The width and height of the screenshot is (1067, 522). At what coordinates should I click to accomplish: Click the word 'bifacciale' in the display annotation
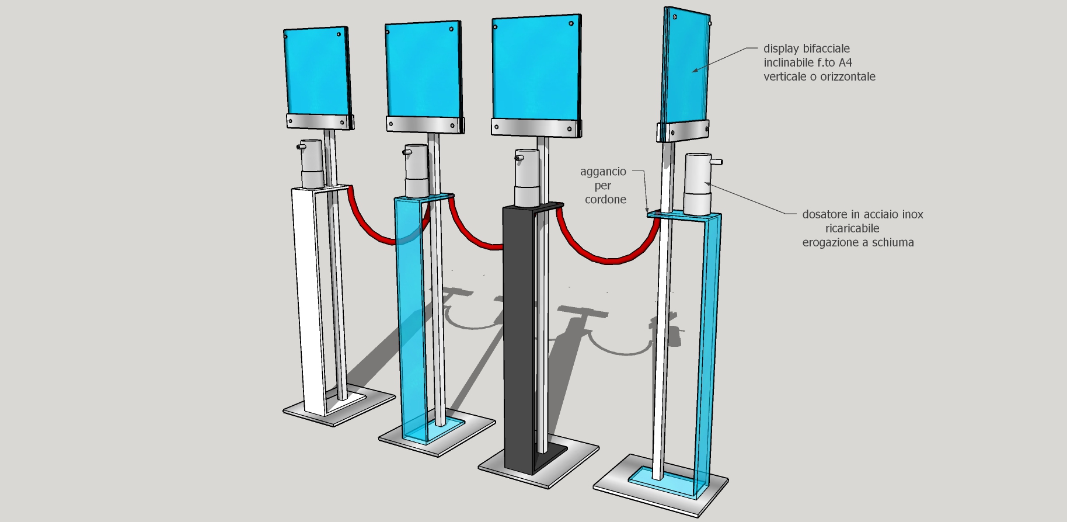click(825, 49)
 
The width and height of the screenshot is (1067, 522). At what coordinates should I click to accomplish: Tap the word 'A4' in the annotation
click(845, 63)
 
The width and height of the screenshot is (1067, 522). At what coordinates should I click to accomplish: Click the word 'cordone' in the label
click(605, 200)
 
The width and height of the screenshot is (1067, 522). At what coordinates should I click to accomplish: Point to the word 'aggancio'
click(603, 172)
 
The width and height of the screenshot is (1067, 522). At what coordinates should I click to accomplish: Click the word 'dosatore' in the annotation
click(824, 215)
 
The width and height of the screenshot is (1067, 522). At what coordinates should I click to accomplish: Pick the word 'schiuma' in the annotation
click(892, 243)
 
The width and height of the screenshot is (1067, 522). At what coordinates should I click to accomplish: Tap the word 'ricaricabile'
click(852, 229)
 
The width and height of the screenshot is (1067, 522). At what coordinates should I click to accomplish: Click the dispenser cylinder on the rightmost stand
click(697, 184)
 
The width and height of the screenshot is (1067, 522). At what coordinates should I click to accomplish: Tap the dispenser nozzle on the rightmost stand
click(717, 162)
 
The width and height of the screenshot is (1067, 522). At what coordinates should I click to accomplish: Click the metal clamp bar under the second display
click(425, 124)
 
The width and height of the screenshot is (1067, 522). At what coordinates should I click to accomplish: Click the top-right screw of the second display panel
click(451, 29)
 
